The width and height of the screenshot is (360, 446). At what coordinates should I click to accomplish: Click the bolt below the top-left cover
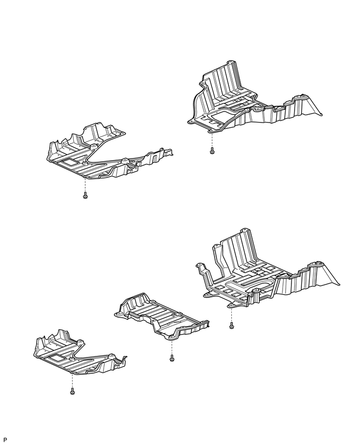[x=85, y=196]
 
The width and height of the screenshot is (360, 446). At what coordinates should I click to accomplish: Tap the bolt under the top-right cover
[x=211, y=151]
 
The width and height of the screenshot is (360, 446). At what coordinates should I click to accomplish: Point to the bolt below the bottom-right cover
[x=231, y=326]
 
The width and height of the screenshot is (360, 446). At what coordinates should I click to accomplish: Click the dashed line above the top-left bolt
[x=85, y=184]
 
